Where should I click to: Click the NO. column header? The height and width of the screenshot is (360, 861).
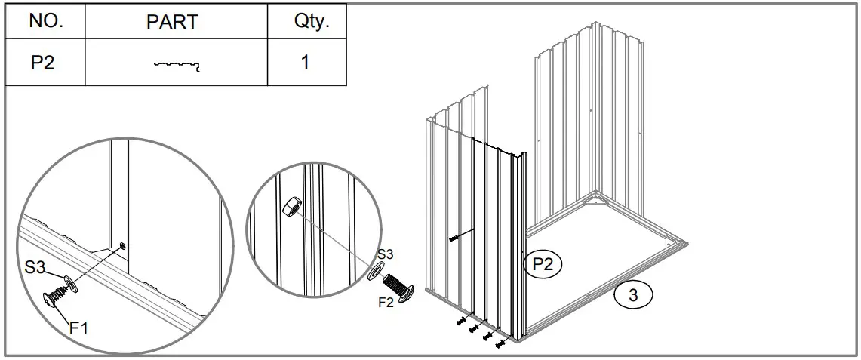pyautogui.click(x=45, y=21)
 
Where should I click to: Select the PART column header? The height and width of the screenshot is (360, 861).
pyautogui.click(x=172, y=22)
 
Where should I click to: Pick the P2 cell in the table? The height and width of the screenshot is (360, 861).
pyautogui.click(x=43, y=63)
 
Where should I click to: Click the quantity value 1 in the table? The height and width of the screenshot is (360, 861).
pyautogui.click(x=305, y=62)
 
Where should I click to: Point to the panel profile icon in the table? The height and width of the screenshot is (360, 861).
pyautogui.click(x=177, y=66)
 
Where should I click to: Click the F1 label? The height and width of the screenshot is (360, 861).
pyautogui.click(x=79, y=328)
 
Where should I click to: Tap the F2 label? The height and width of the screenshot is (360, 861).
pyautogui.click(x=385, y=303)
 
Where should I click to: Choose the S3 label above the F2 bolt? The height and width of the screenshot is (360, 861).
pyautogui.click(x=386, y=254)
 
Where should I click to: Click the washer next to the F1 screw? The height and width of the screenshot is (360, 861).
pyautogui.click(x=70, y=283)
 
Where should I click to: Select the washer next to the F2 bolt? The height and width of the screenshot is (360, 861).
pyautogui.click(x=374, y=271)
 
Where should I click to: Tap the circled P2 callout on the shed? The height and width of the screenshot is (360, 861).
pyautogui.click(x=543, y=263)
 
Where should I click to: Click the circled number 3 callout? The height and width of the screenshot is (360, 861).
pyautogui.click(x=633, y=295)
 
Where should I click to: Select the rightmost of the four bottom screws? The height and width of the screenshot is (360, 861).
pyautogui.click(x=499, y=343)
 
